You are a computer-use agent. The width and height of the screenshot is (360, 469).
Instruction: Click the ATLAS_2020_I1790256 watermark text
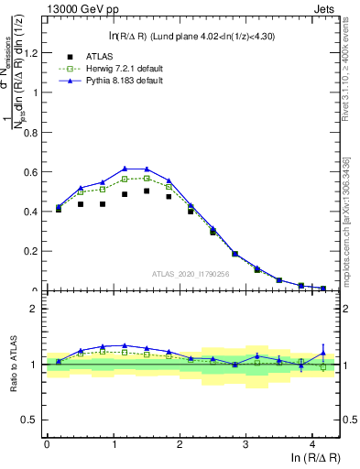point(191,274)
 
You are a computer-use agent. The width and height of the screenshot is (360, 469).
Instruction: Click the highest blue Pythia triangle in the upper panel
point(125,169)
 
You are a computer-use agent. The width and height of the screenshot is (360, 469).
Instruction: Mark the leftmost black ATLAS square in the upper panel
point(59,210)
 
